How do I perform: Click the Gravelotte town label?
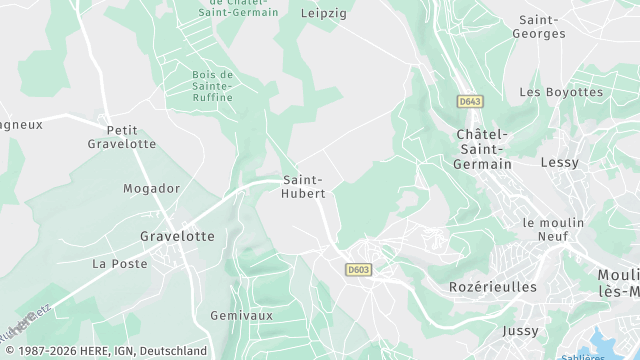[177, 236]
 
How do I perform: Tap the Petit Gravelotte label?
[122, 137]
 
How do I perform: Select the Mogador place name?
[151, 188]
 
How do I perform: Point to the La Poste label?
[119, 264]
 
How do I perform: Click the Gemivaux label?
[242, 315]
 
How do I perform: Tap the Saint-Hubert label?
[304, 186]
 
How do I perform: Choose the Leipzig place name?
[322, 13]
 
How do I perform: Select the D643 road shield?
[468, 102]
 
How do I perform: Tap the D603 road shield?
[357, 269]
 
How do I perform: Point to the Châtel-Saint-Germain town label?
[483, 149]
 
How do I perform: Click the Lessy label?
[559, 162]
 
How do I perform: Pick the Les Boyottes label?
[561, 92]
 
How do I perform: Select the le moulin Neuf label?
[545, 229]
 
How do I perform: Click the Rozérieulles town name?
[487, 287]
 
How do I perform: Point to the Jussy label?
[520, 331]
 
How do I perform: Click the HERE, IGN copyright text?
[104, 351]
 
